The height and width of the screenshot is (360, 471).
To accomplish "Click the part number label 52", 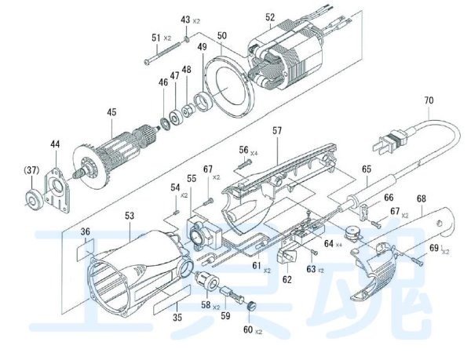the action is (x=270, y=17).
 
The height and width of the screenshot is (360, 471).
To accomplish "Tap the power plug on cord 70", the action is (x=390, y=141).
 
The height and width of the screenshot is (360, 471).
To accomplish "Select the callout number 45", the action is (x=111, y=112).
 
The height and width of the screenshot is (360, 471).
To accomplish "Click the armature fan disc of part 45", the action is (x=89, y=169).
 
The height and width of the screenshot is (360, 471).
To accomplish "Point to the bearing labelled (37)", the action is (x=33, y=198).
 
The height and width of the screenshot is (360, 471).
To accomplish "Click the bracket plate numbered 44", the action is (x=57, y=190).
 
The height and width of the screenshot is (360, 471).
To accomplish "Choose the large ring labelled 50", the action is (x=229, y=87).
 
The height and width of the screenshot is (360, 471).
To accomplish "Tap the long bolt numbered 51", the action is (x=162, y=53).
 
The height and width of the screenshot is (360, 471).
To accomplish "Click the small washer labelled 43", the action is (x=186, y=38).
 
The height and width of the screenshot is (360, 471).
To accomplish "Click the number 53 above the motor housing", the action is (x=130, y=216).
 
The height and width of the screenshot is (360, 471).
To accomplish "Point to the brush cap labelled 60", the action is (x=251, y=307).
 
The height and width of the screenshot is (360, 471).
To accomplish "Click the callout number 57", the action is (x=277, y=131).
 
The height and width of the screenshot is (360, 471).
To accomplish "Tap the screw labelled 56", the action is (x=246, y=164).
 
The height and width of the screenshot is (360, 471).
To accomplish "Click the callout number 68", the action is (x=421, y=198).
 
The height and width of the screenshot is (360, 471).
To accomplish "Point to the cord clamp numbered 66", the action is (x=364, y=213).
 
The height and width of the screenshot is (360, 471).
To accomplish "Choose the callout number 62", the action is (x=287, y=279).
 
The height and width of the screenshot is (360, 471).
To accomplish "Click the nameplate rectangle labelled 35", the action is (x=171, y=300).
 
